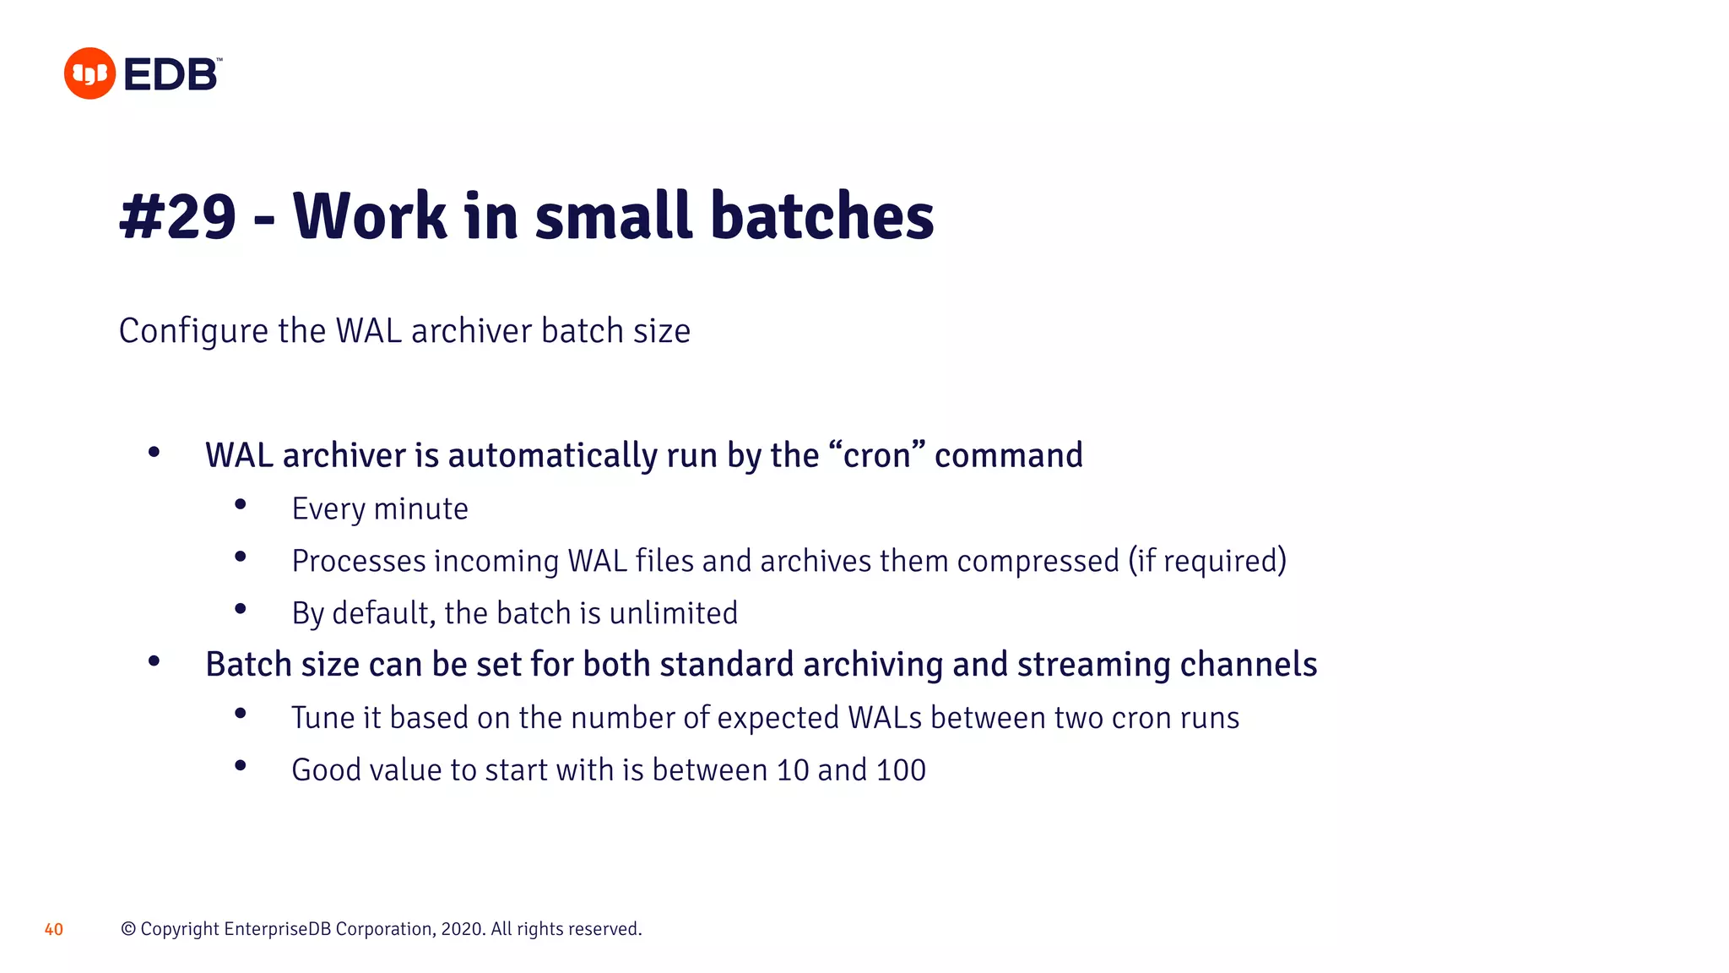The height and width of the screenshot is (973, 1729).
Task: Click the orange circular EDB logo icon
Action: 89,73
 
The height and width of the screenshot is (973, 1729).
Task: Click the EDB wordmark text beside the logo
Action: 171,75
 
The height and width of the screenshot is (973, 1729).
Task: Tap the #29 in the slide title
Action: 178,217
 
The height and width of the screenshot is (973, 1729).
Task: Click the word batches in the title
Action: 822,217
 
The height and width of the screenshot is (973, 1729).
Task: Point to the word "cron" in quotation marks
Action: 877,455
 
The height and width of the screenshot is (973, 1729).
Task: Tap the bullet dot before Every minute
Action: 241,505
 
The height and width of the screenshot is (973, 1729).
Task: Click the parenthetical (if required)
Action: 1207,561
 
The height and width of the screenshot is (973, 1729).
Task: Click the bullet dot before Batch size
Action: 154,661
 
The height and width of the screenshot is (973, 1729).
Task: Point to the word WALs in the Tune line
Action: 885,718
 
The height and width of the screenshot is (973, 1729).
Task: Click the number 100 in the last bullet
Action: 901,770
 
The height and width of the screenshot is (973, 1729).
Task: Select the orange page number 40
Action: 54,930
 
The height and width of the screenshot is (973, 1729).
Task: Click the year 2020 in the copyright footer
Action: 462,929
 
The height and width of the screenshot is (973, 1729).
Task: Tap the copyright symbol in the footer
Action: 128,929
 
